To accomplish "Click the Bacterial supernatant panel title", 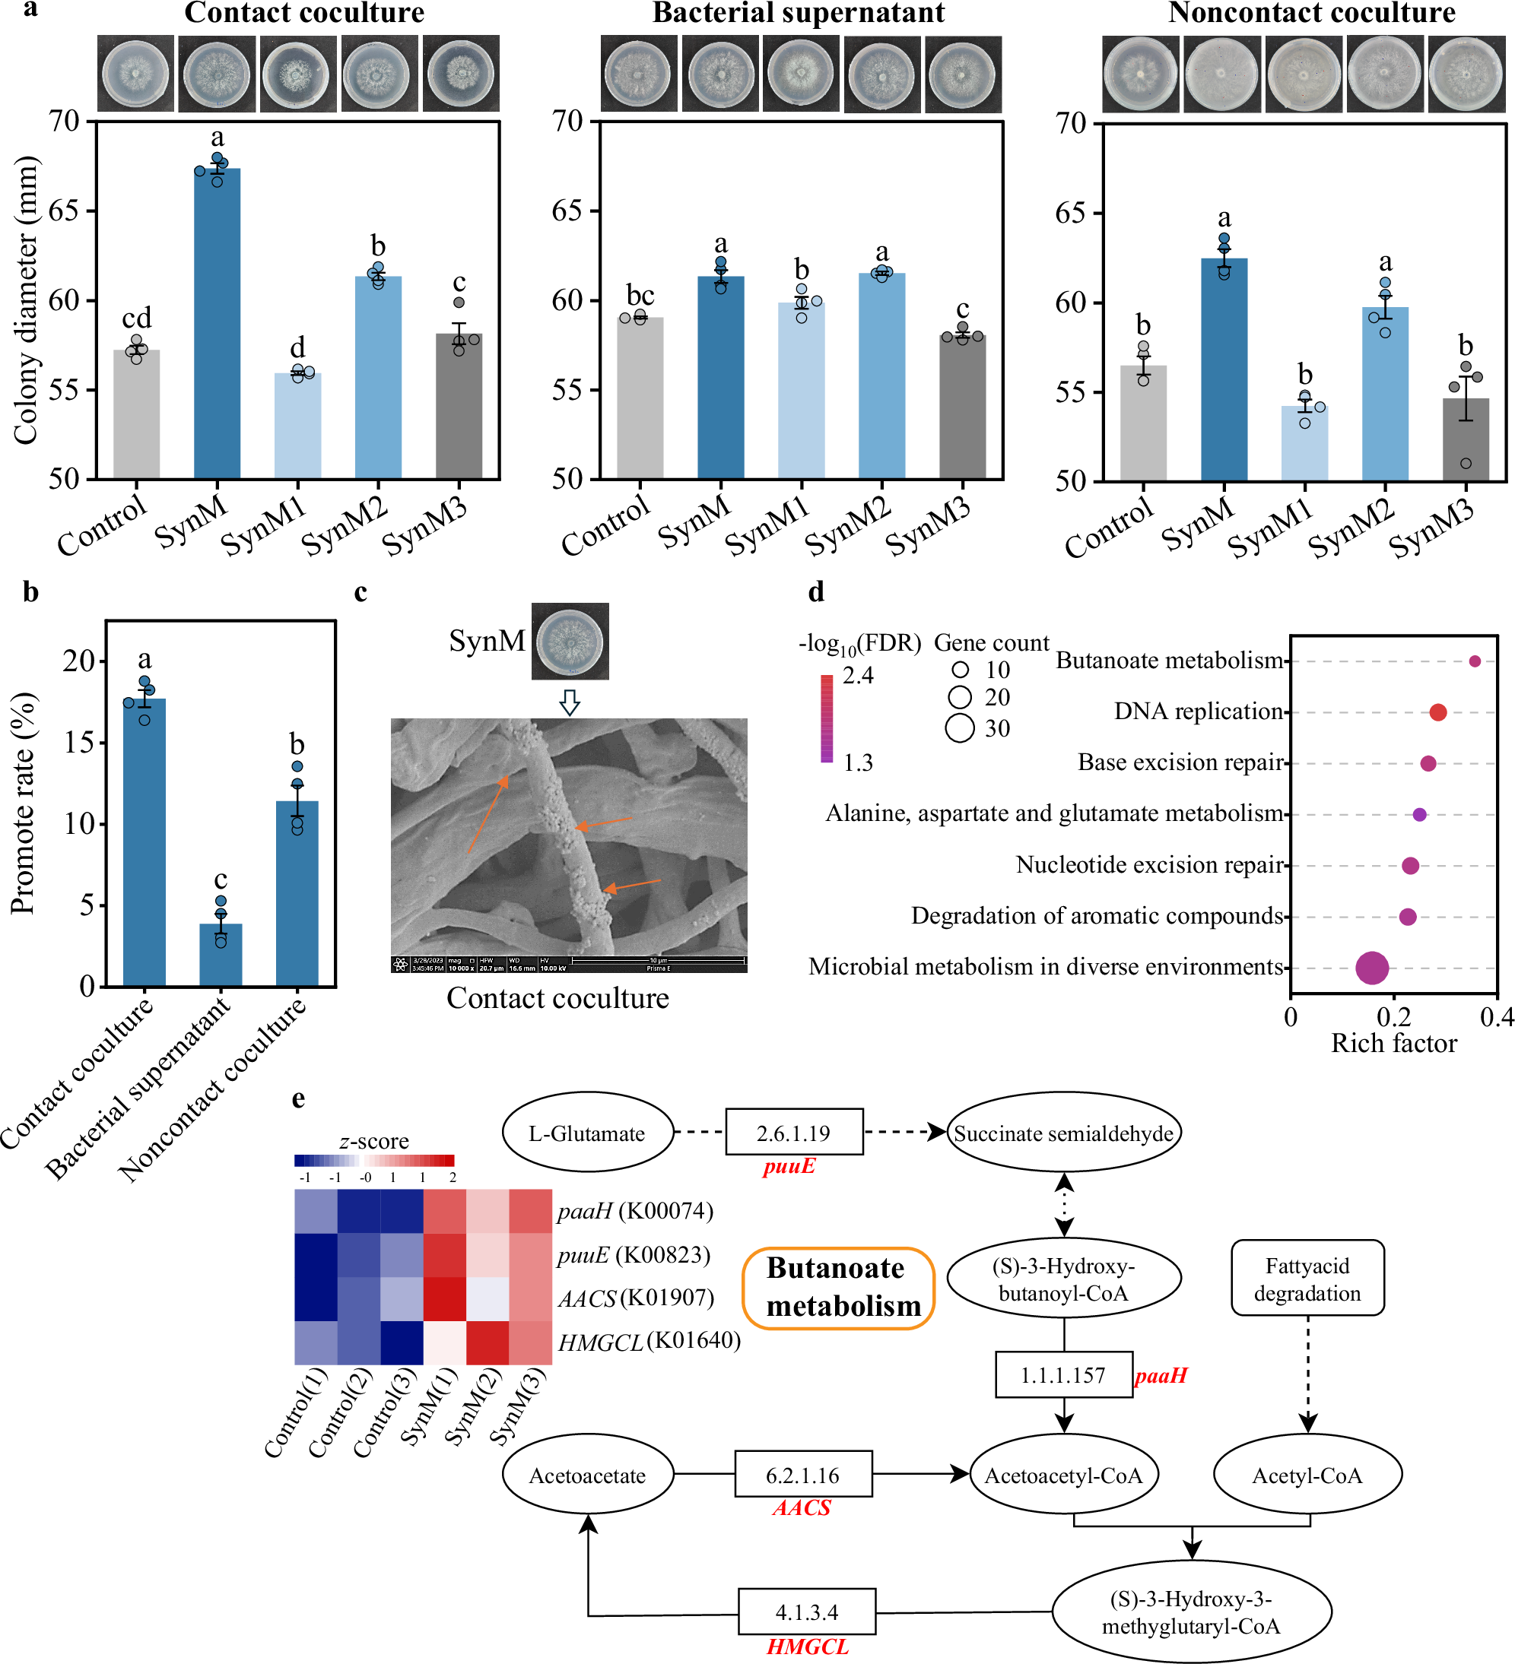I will (x=799, y=13).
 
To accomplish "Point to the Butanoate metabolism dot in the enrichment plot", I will (x=1475, y=661).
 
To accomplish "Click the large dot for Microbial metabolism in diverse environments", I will (x=1371, y=968).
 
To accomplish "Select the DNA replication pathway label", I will (x=1198, y=712).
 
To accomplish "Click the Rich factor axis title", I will (x=1393, y=1043).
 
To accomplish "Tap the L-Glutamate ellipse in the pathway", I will (x=587, y=1133).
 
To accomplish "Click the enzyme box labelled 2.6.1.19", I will (x=793, y=1133).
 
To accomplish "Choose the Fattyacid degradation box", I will (x=1307, y=1279).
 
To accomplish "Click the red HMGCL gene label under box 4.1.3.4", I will (x=808, y=1647).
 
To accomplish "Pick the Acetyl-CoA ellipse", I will (x=1307, y=1475).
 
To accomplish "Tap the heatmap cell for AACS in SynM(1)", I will (x=445, y=1299).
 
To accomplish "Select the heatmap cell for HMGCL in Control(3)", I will (x=402, y=1343).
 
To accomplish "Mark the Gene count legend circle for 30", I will (x=959, y=728).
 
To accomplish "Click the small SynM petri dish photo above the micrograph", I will (x=570, y=642).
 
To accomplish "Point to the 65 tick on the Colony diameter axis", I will (x=65, y=211).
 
